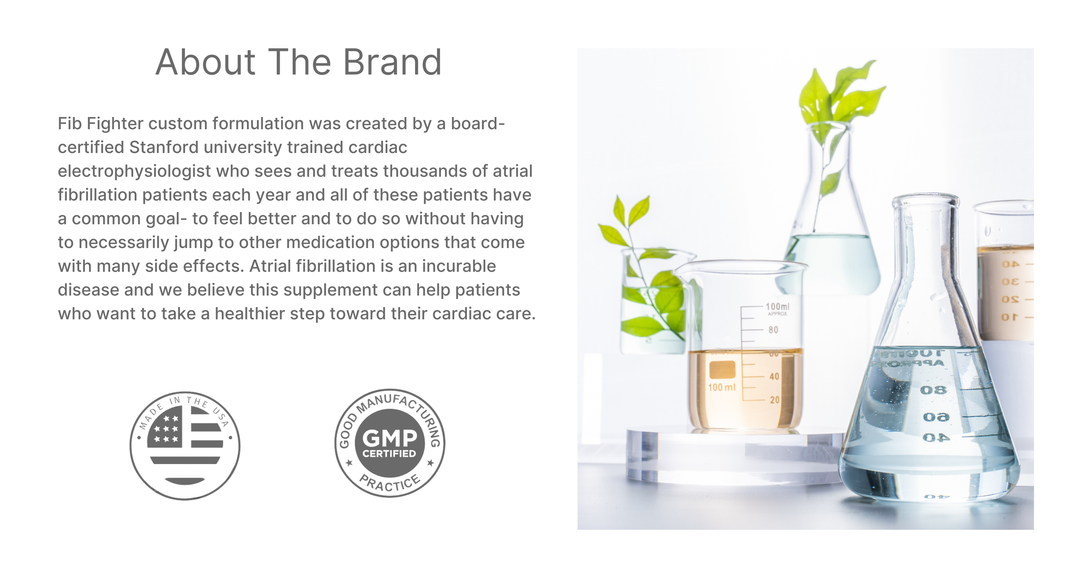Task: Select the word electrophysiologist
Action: pos(134,171)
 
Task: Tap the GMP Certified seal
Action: pos(390,443)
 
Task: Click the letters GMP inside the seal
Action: pos(390,438)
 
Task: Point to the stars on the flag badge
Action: pos(166,428)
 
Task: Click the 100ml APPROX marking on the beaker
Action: pos(777,309)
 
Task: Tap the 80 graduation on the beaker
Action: pos(774,330)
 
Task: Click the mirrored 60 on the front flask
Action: pos(935,418)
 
